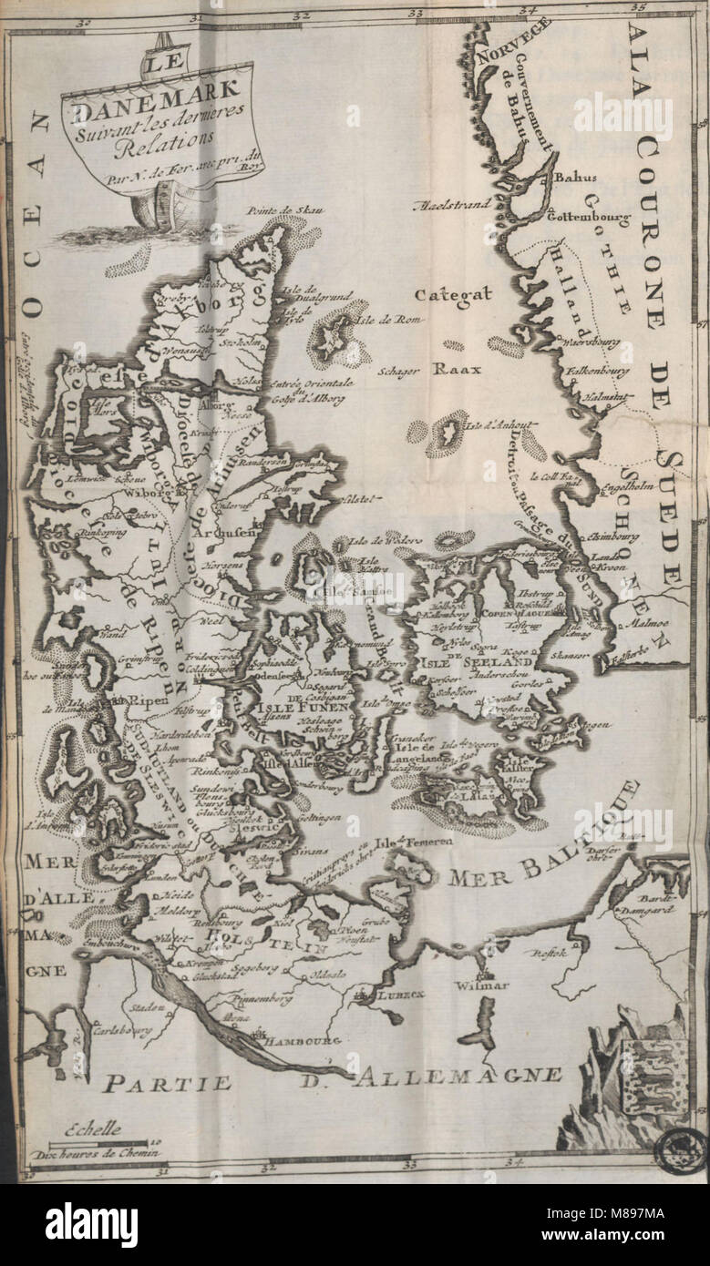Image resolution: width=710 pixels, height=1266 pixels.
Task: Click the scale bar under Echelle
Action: point(98,1142)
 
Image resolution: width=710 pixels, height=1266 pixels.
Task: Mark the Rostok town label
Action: point(549,953)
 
